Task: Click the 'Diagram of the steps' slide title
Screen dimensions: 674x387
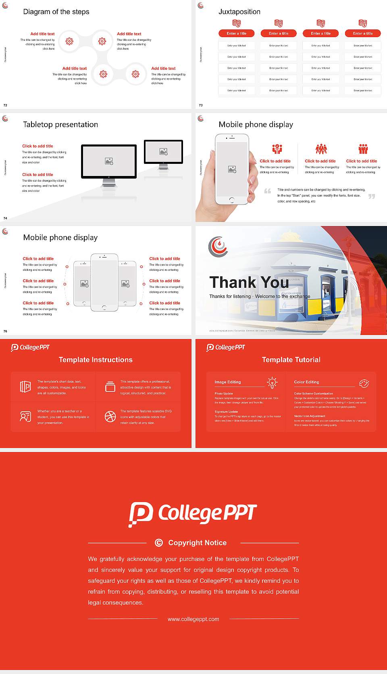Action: tap(56, 12)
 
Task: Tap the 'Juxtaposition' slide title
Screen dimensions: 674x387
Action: tap(239, 12)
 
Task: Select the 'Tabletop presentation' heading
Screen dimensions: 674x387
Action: tap(60, 124)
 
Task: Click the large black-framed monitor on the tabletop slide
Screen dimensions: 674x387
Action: tap(109, 161)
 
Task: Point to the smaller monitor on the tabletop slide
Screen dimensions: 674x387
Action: tap(163, 152)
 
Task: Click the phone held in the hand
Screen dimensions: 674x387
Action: tap(231, 170)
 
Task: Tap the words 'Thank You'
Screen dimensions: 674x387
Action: tap(249, 282)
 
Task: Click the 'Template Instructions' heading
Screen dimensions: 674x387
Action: tap(96, 360)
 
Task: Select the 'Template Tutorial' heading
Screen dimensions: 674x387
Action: tap(291, 360)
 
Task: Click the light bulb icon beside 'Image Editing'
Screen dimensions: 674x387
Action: tap(273, 383)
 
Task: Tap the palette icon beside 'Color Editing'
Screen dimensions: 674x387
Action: tap(364, 383)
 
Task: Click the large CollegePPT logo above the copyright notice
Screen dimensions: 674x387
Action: tap(193, 514)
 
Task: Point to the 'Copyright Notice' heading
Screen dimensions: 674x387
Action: tap(198, 543)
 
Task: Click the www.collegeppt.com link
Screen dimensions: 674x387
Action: tap(193, 619)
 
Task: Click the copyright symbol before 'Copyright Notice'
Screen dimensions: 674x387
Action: tap(159, 543)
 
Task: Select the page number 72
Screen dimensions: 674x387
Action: tap(5, 105)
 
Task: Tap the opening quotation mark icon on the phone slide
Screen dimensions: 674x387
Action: tap(268, 191)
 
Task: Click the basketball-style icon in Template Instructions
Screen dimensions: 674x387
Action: tap(110, 417)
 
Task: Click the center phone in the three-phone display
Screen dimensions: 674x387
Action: tap(104, 283)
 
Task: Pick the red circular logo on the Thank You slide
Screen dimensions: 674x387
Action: tap(218, 246)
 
